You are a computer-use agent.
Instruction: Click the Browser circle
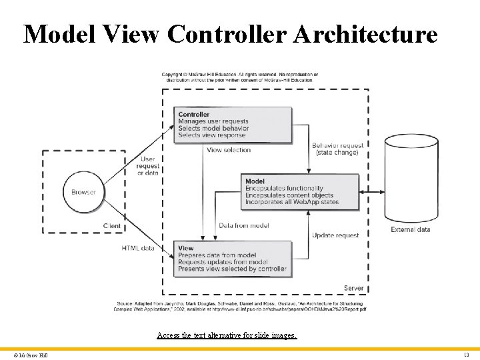pos(83,192)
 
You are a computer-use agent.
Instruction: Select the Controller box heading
pos(194,115)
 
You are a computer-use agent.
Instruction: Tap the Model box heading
pos(255,181)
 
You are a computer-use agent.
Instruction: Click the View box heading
pos(185,248)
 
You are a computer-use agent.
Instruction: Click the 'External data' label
pos(410,229)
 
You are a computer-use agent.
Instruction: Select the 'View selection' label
pos(229,150)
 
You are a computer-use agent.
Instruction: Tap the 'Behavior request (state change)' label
pos(338,149)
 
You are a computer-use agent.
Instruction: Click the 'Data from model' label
pos(244,225)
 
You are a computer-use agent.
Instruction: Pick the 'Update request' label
pos(335,235)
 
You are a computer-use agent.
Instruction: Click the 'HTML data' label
pos(138,248)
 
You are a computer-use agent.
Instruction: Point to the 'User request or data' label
pos(148,166)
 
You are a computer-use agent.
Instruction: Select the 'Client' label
pos(112,226)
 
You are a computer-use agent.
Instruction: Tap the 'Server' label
pos(353,288)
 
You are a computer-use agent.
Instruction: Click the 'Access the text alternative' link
pos(227,335)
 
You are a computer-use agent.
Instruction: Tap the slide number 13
pos(466,355)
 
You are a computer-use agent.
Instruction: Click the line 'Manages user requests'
pos(213,121)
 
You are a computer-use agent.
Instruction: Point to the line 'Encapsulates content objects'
pos(289,195)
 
